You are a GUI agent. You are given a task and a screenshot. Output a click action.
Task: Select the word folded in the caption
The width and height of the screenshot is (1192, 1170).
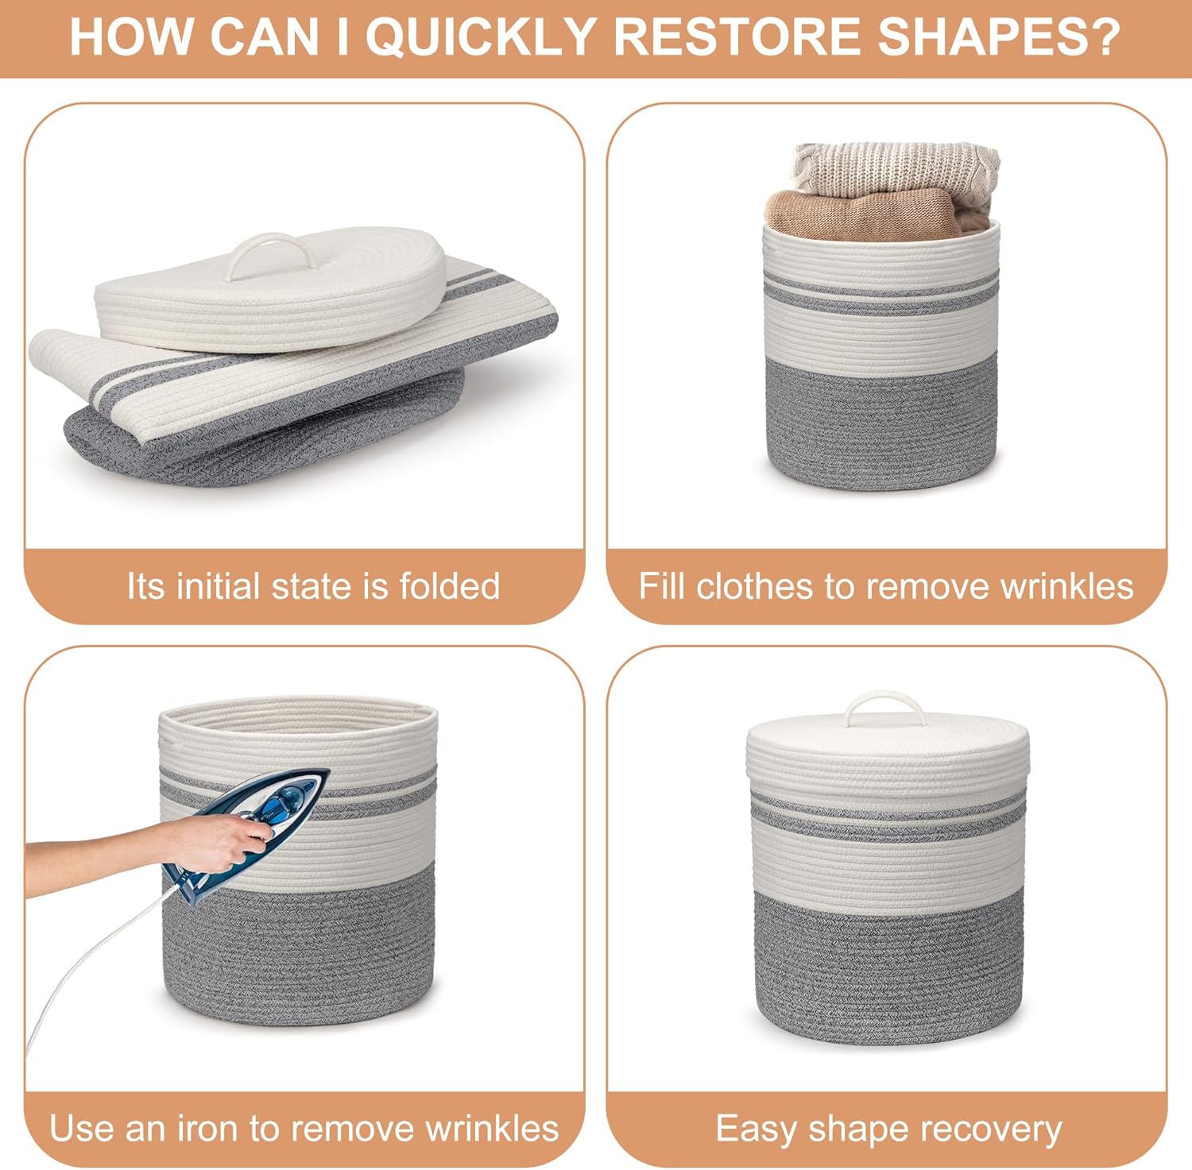coord(450,586)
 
